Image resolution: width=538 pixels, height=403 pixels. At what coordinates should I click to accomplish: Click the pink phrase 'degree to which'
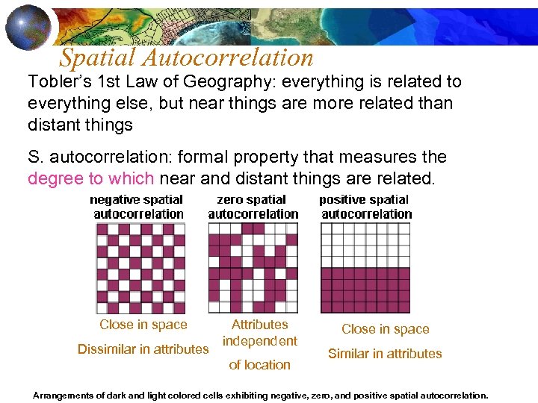coord(90,178)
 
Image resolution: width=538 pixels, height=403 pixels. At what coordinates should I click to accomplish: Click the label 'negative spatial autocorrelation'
coord(137,207)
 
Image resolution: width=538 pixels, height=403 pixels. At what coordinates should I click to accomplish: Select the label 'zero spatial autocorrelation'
coord(253,207)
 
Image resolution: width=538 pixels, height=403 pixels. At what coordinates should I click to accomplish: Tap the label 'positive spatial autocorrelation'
coord(365,207)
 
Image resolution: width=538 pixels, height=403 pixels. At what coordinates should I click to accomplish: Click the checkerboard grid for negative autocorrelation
coord(140,268)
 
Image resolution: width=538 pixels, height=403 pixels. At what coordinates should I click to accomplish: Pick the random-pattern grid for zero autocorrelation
coord(253,268)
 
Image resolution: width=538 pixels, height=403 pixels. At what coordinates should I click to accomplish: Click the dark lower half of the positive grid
coord(365,290)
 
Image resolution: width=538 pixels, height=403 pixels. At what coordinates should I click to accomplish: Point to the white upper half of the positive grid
coord(365,245)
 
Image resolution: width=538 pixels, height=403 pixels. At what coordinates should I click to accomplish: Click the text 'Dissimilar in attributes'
coord(143,349)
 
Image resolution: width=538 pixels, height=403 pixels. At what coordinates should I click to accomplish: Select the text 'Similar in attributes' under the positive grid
coord(385,354)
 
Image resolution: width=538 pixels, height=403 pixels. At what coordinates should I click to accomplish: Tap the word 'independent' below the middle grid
coord(260,341)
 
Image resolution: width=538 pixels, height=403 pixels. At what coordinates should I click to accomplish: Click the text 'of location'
coord(259,365)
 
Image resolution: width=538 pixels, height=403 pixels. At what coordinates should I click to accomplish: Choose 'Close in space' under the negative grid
coord(143,325)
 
